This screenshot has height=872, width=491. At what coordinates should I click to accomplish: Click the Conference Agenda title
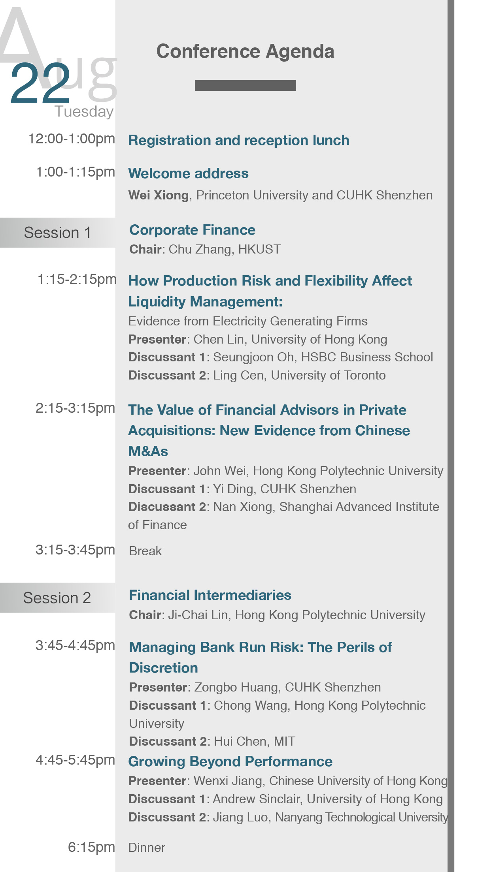coord(245,52)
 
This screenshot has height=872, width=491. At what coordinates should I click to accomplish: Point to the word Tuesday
coord(84,112)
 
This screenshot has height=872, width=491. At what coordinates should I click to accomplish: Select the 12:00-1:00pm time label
coord(72,139)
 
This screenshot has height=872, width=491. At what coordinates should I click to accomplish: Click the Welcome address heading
coord(189,173)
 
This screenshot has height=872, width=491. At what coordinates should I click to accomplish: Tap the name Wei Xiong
coord(159,195)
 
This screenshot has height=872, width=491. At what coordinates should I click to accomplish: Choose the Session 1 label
coord(57,233)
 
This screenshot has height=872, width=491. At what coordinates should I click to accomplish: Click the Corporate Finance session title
coord(193,230)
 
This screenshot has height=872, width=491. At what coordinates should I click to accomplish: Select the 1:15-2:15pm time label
coord(77,279)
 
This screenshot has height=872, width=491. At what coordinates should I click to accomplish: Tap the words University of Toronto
coord(328,375)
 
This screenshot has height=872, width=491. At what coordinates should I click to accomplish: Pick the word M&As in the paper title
coord(148,451)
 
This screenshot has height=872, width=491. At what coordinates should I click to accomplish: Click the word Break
coord(145,551)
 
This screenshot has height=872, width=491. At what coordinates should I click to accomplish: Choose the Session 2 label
coord(57,598)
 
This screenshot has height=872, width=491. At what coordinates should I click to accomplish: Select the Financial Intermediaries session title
coord(210,595)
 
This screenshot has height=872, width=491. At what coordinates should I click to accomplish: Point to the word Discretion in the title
coord(164,668)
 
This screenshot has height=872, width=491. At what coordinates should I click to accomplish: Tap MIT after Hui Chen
coord(285,741)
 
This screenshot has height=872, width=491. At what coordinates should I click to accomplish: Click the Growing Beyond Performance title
coord(230,761)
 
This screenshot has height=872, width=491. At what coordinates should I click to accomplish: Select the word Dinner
coord(147,848)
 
